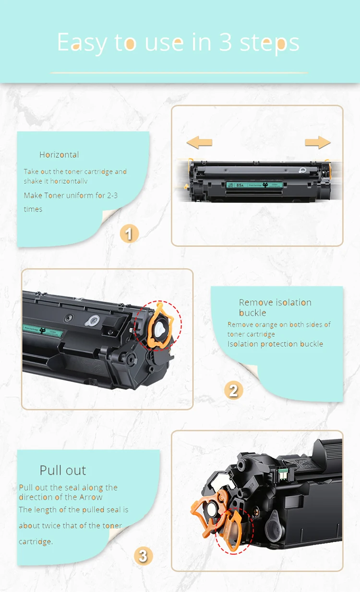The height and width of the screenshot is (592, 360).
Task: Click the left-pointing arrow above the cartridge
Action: click(199, 142)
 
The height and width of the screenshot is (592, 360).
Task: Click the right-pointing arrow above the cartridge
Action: click(317, 142)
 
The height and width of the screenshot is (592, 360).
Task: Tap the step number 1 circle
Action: click(129, 234)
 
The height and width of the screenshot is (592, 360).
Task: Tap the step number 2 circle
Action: click(233, 391)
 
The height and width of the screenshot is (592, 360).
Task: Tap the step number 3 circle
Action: click(143, 556)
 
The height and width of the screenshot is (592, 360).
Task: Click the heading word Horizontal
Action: click(59, 154)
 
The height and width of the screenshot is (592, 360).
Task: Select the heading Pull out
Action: click(63, 470)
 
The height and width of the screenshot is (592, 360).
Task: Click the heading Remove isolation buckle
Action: click(275, 308)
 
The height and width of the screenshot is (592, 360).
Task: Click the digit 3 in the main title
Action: click(226, 42)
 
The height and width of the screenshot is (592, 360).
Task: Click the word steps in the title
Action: click(270, 42)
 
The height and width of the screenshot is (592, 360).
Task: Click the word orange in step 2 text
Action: click(265, 325)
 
